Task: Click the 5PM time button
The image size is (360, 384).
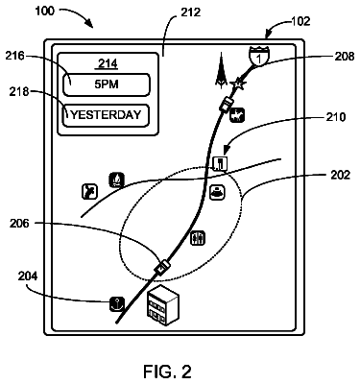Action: (x=107, y=84)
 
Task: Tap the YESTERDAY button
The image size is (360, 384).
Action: (x=106, y=115)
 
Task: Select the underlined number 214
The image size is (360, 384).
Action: (x=108, y=64)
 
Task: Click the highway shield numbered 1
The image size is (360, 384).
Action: (x=259, y=56)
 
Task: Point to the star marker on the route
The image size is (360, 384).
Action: (x=238, y=84)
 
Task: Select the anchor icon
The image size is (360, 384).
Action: (x=117, y=304)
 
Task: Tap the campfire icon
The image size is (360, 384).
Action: (x=116, y=180)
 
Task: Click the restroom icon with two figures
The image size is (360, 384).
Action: (x=198, y=238)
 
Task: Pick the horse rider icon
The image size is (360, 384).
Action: (x=237, y=115)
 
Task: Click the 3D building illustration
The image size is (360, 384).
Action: (x=163, y=304)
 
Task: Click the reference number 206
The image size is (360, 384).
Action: (x=19, y=224)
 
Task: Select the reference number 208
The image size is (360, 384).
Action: (x=345, y=57)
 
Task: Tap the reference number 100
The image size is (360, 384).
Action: (x=44, y=12)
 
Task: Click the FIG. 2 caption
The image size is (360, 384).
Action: (x=167, y=372)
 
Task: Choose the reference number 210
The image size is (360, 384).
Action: (x=336, y=117)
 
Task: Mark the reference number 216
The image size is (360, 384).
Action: (x=14, y=56)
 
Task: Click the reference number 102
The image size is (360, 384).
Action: (x=300, y=21)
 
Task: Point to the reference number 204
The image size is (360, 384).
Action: (x=28, y=276)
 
